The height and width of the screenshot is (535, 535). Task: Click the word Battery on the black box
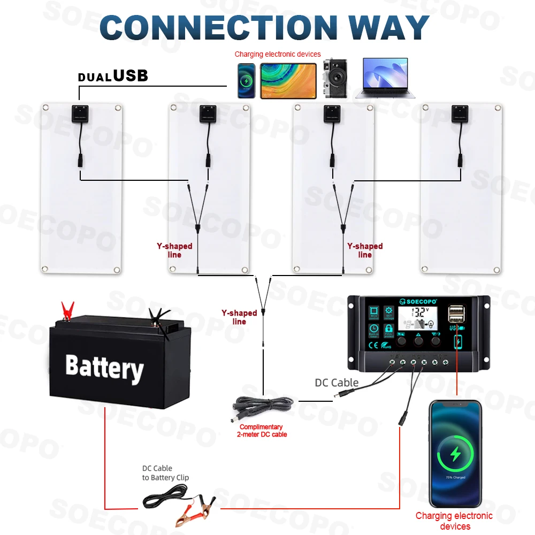tap(104, 368)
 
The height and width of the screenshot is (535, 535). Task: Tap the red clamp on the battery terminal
tap(67, 310)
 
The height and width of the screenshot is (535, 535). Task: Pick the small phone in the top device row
tap(247, 81)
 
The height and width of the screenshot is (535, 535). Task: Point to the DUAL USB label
tap(113, 76)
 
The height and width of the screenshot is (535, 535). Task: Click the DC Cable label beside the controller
tap(337, 383)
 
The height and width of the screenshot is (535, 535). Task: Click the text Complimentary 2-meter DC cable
tap(261, 431)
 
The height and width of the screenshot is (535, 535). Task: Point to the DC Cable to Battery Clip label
tap(165, 473)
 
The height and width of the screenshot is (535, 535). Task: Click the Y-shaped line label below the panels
tap(239, 317)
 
